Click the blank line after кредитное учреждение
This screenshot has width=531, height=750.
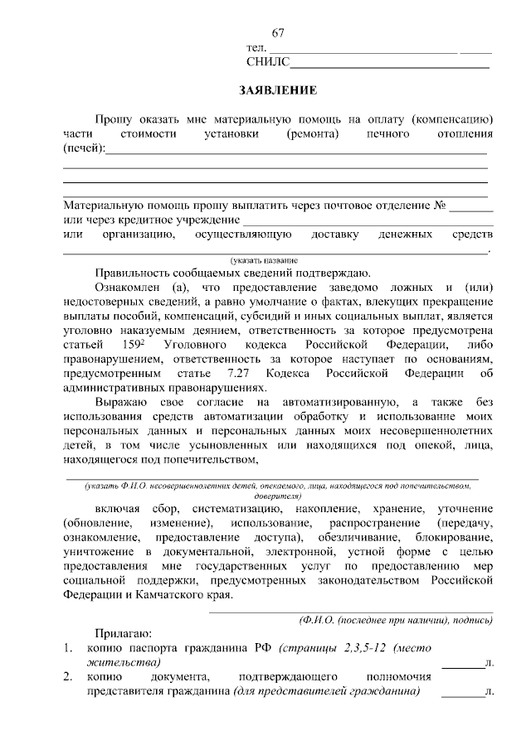coord(368,223)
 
